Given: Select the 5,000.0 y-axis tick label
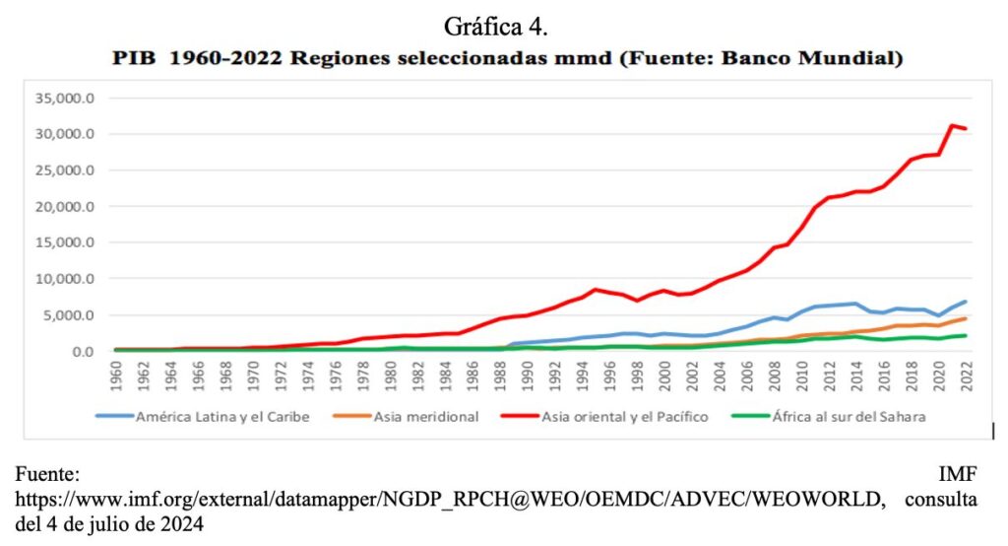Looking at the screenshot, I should [67, 315].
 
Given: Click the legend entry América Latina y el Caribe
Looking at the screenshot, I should [216, 417].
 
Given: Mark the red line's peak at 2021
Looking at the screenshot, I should [951, 125].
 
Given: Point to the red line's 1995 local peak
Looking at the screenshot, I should [596, 290].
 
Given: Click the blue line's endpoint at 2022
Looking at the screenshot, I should [965, 302].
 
